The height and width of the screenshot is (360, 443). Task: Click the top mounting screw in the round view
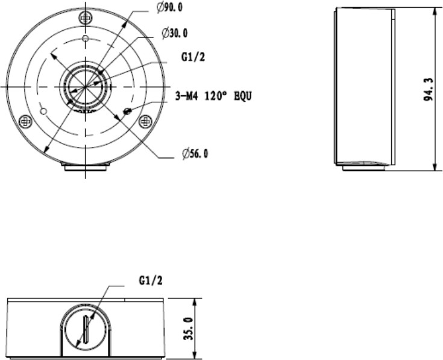click(x=86, y=19)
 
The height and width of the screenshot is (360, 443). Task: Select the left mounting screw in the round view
click(x=26, y=121)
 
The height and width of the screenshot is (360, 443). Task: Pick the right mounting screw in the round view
click(x=145, y=121)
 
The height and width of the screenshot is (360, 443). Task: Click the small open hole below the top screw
click(x=86, y=40)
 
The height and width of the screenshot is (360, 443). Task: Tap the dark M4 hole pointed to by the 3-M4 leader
click(x=127, y=111)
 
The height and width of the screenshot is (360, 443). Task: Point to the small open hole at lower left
click(x=43, y=111)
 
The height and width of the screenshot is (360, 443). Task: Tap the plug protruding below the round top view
click(x=86, y=168)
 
